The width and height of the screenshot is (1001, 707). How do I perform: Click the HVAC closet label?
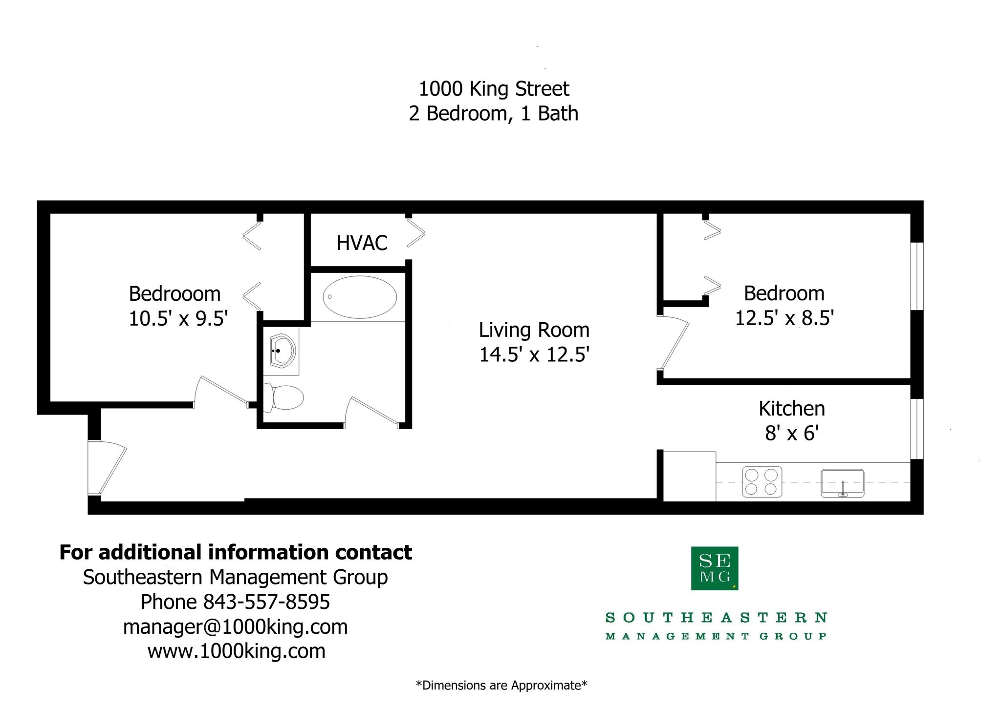[x=362, y=243]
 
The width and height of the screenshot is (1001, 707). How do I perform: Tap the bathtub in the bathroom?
[x=360, y=297]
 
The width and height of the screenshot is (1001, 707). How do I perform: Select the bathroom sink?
[x=283, y=351]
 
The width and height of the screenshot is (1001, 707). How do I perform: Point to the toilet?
[x=285, y=397]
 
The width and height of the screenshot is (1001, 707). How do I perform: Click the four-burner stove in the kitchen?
[x=762, y=482]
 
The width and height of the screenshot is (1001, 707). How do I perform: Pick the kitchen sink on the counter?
[x=842, y=483]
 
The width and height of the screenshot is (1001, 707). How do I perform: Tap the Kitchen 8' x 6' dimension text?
[x=792, y=433]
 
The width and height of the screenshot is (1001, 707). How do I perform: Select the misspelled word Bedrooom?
[x=174, y=294]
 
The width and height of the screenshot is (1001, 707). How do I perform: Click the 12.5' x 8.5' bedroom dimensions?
[x=784, y=318]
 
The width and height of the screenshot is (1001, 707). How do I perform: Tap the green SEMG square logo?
[x=714, y=568]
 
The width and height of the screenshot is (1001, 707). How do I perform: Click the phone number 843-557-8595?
[x=266, y=602]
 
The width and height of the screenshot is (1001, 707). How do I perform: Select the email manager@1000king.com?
[x=235, y=627]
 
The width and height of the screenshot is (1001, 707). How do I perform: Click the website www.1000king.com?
[x=236, y=651]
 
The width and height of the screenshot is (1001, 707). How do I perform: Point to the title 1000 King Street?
[x=494, y=89]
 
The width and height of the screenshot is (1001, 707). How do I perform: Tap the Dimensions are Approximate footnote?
[x=501, y=686]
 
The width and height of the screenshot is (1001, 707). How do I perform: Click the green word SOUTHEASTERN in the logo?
[x=716, y=618]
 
